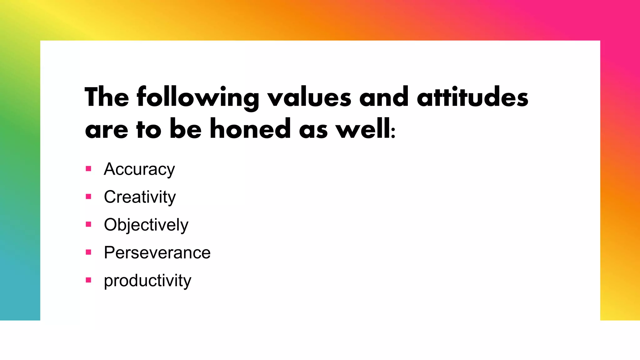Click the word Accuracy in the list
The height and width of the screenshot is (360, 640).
point(139,169)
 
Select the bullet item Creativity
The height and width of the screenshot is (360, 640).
point(140,197)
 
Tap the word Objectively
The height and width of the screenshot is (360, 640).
point(146,225)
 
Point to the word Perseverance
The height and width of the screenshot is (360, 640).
point(157,252)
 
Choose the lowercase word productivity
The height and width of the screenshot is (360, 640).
point(147,281)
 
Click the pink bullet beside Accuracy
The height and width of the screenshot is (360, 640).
point(88,169)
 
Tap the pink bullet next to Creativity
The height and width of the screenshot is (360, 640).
point(88,197)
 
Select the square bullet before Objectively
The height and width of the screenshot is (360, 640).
point(88,224)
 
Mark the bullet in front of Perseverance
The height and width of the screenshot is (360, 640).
point(88,252)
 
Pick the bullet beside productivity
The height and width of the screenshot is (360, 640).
point(88,280)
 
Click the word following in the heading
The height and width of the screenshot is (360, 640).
point(198,97)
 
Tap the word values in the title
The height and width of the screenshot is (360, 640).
point(309,97)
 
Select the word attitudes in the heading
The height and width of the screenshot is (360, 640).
point(472,97)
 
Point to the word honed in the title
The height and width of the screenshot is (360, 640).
point(250,129)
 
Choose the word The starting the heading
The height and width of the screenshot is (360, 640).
point(107,97)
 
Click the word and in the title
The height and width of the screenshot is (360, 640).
point(384,97)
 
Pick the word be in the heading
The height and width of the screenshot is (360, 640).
point(185,129)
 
